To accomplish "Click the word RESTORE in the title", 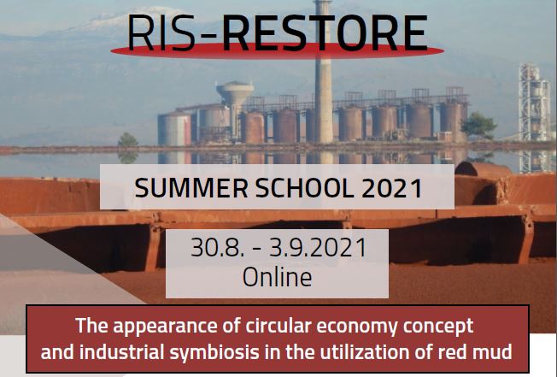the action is click(x=325, y=33).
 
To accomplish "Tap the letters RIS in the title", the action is click(x=161, y=33).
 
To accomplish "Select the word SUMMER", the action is click(x=191, y=188).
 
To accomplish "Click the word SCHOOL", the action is click(x=305, y=188).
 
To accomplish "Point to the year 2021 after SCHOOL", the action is click(x=392, y=188).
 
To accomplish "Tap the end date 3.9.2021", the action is click(x=318, y=247).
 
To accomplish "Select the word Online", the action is click(x=277, y=277).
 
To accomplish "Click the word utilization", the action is click(x=365, y=351).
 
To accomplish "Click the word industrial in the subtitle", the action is click(x=121, y=351).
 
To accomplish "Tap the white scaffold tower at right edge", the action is click(x=534, y=103).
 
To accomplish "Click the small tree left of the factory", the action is click(x=127, y=139).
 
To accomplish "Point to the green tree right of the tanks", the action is click(x=478, y=124).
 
